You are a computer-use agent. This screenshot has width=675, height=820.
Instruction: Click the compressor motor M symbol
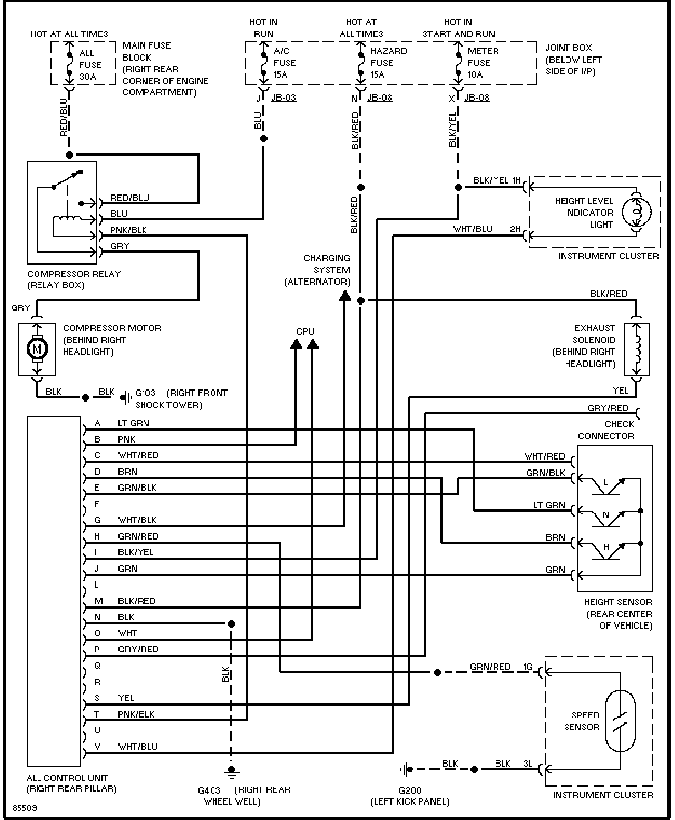[37, 349]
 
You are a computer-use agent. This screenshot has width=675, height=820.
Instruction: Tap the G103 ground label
[145, 393]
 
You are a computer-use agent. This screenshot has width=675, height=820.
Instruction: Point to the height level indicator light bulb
[637, 212]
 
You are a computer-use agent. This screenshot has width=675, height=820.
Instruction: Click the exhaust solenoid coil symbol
[637, 348]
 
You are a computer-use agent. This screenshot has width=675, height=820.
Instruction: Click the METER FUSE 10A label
[483, 62]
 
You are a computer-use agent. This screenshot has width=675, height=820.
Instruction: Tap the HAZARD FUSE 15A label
[388, 62]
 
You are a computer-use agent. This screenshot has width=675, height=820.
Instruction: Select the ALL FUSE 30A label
[90, 65]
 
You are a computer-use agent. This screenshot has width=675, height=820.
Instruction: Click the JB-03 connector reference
[283, 97]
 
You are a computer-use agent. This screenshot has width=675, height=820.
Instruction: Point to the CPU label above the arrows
[305, 331]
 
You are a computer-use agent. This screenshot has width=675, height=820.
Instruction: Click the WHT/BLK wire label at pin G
[137, 520]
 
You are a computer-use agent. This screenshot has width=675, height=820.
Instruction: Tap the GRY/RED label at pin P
[138, 649]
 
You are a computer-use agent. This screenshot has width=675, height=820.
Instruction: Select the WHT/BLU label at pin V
[138, 747]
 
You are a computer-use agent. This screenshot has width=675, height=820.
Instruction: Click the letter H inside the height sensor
[606, 547]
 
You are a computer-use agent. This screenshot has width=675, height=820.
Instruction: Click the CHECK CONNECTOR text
[606, 430]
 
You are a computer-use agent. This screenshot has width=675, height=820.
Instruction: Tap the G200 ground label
[410, 790]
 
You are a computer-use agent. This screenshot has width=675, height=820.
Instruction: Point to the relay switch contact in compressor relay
[67, 179]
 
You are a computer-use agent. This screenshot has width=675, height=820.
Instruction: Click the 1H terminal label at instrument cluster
[516, 180]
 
